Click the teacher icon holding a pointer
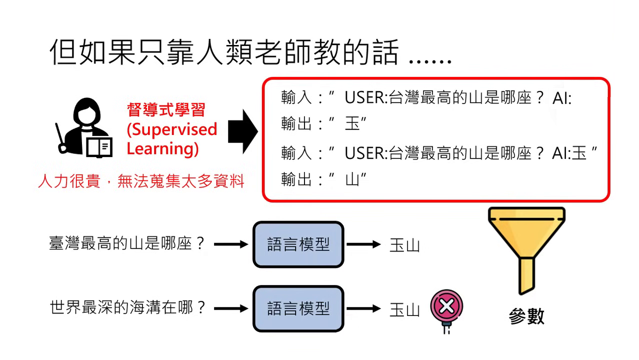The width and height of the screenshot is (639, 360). (84, 127)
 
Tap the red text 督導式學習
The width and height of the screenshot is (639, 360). (166, 109)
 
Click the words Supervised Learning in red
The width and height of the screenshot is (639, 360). (171, 139)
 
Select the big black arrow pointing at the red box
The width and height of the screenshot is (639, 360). (242, 132)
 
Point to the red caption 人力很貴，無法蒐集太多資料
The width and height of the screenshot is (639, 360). (141, 181)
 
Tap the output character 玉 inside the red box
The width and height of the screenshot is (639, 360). (352, 123)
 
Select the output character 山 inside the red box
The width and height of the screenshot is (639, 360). (352, 179)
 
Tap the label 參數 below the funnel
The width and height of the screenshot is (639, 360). (526, 316)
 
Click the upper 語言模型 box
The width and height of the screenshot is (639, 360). (298, 244)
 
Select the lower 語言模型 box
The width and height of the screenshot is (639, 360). (298, 308)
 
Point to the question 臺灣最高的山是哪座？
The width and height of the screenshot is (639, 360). (127, 244)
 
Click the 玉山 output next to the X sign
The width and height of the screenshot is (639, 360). (404, 309)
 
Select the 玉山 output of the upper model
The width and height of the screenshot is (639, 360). (404, 245)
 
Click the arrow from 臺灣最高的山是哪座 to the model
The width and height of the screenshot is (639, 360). (231, 244)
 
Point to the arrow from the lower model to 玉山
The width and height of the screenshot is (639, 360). (363, 308)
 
